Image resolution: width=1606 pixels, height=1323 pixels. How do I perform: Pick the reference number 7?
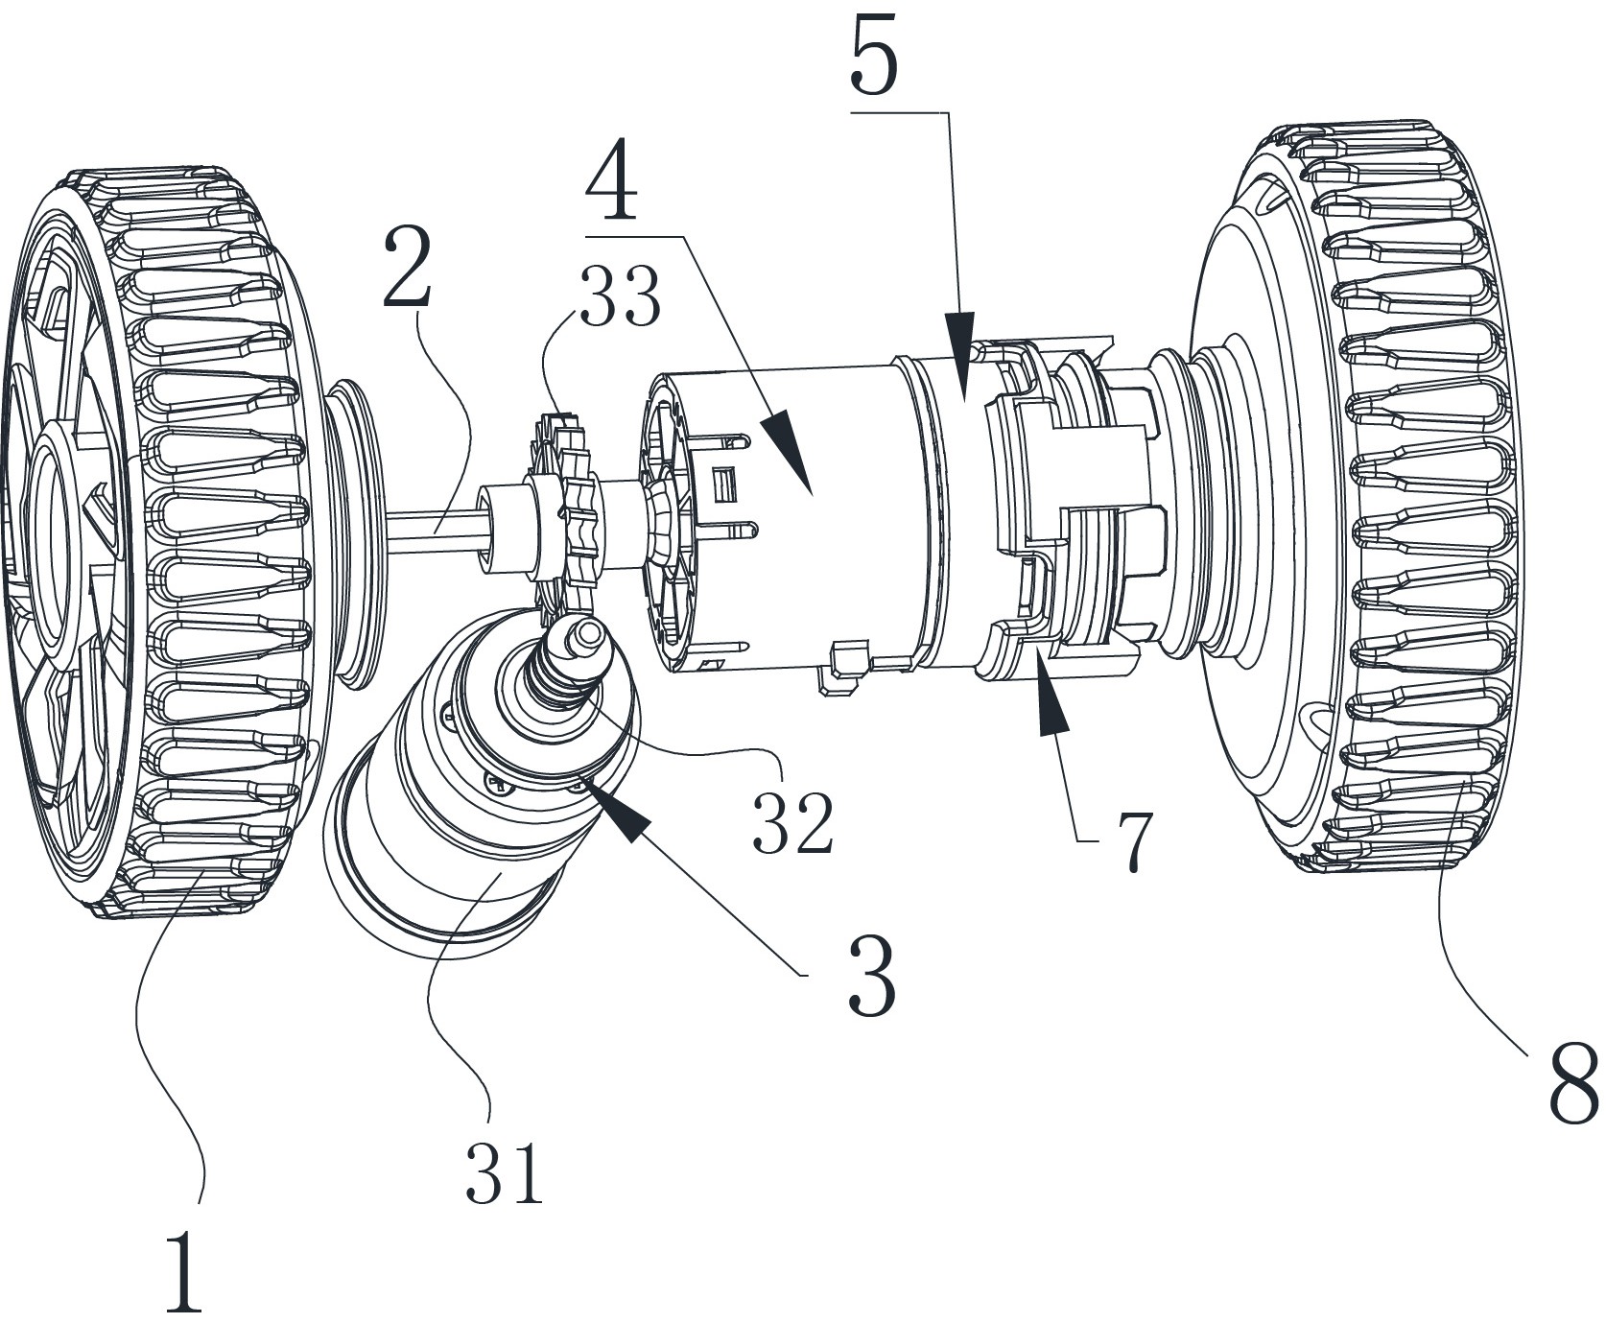1134,841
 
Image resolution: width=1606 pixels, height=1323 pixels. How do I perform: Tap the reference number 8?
1574,1083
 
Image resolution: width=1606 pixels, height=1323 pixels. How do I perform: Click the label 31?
505,1172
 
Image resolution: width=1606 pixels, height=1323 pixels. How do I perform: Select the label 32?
792,823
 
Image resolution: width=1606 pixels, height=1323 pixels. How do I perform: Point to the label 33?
619,297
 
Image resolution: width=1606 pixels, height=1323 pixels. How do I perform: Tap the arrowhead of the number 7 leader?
1051,710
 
